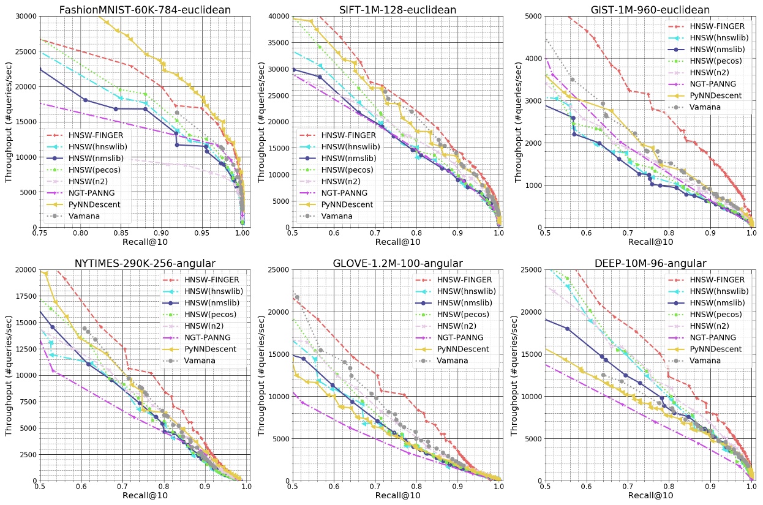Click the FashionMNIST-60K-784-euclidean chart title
pyautogui.click(x=145, y=9)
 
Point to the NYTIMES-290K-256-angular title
pyautogui.click(x=145, y=263)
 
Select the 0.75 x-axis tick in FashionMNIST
pyautogui.click(x=40, y=234)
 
